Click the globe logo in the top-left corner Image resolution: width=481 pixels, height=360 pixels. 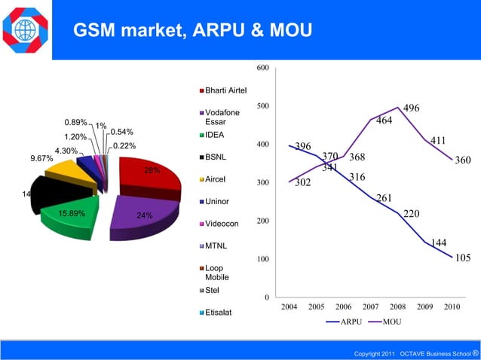coord(25,29)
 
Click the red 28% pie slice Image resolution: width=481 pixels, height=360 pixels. coord(155,177)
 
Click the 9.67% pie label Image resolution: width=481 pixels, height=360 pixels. coord(41,159)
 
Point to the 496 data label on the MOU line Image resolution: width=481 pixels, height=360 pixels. coord(412,108)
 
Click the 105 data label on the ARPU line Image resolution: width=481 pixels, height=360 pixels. coord(463,258)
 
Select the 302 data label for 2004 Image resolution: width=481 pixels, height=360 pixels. coord(302,182)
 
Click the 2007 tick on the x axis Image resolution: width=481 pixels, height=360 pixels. coord(370,307)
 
